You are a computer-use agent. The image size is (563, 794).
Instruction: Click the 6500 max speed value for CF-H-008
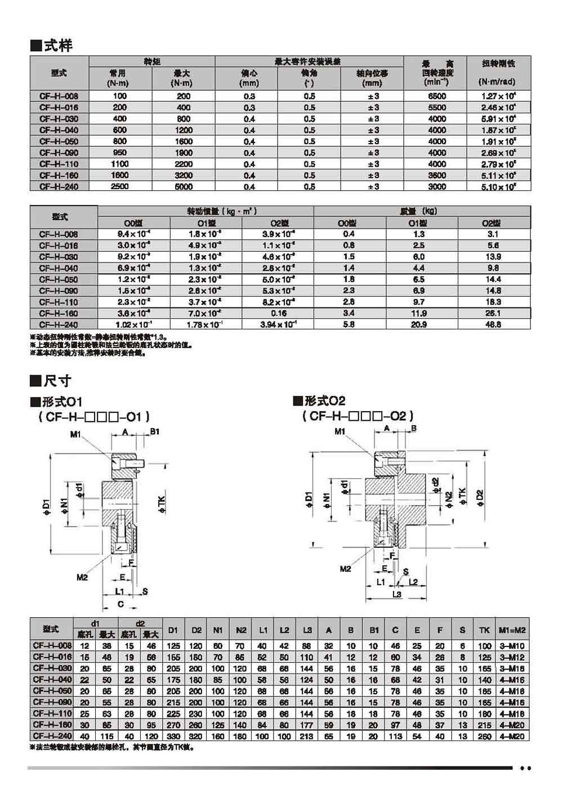pos(437,96)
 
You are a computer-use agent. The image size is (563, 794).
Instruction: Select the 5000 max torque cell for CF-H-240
pos(184,186)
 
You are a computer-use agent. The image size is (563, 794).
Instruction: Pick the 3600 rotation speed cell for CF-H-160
pos(437,175)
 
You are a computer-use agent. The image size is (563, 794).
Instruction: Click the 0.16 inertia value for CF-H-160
pos(278,313)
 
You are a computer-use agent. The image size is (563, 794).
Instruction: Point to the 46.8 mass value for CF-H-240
pos(493,324)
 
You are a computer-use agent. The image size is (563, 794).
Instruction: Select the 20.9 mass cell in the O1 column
pos(419,324)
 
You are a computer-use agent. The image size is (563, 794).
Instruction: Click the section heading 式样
pos(51,45)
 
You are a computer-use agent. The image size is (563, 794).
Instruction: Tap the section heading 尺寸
pos(51,381)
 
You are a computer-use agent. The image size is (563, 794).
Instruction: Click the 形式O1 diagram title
pos(56,402)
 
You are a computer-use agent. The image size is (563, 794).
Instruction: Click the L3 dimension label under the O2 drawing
pos(396,594)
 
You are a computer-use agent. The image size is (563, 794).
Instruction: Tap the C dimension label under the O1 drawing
pos(120,604)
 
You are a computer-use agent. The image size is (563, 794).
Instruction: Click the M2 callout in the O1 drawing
pos(82,577)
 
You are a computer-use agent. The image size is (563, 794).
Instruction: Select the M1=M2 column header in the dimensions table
pos(512,630)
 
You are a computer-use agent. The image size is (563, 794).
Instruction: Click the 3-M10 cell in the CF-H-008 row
pos(512,646)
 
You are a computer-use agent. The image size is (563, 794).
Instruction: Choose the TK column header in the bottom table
pos(484,630)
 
